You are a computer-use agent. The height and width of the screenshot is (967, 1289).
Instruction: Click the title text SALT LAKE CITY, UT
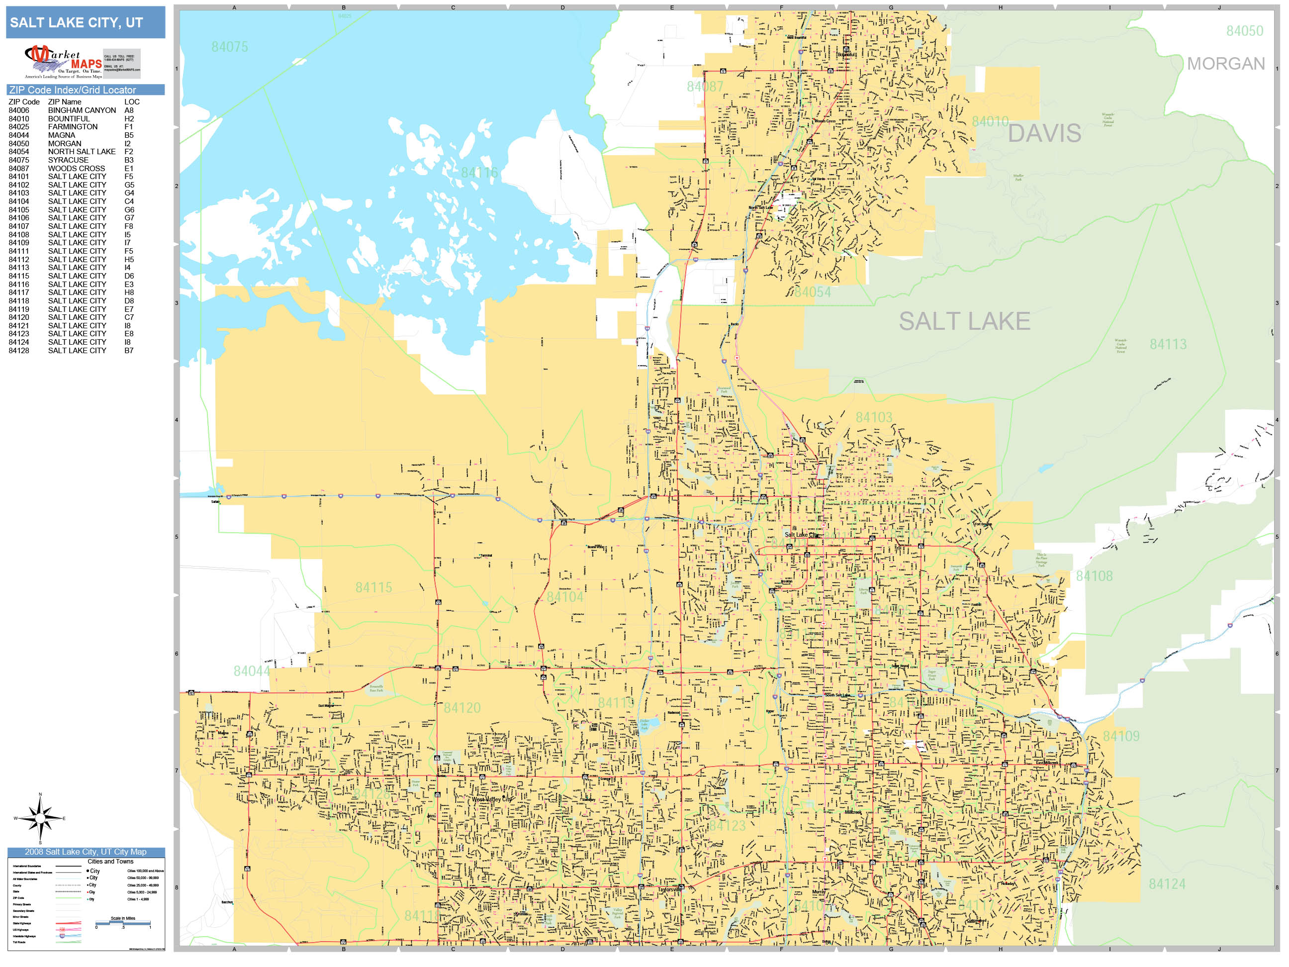tap(77, 23)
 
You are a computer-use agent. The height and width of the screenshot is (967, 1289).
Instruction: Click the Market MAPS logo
tap(64, 62)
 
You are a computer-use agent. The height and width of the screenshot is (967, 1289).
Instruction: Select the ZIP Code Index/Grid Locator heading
tap(72, 90)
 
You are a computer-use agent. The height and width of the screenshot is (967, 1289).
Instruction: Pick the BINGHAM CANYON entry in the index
tap(82, 110)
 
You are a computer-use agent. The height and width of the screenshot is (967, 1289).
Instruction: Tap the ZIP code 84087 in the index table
tap(18, 169)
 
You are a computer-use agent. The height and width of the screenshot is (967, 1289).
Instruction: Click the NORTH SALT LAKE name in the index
tap(82, 152)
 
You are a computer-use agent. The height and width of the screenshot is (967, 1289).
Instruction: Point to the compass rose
tap(40, 818)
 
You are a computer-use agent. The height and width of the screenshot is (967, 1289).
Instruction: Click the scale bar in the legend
tap(123, 923)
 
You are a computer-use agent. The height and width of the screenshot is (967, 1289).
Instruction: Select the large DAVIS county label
tap(1044, 133)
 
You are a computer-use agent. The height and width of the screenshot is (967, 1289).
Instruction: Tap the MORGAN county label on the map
tap(1225, 64)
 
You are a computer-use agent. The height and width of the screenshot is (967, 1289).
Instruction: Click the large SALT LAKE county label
tap(964, 321)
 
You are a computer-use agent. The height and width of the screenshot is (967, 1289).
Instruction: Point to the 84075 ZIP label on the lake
tap(230, 47)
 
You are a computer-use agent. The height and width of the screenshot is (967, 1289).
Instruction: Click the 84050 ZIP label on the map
tap(1244, 31)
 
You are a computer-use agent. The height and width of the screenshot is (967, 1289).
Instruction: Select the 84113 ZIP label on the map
tap(1168, 345)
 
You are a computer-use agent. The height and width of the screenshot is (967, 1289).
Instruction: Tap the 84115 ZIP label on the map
tap(373, 587)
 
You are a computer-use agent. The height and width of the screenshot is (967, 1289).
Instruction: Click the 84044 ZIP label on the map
tap(252, 671)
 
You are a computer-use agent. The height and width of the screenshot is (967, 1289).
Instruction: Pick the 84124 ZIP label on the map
tap(1167, 884)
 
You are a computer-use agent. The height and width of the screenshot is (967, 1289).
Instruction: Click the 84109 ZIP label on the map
tap(1120, 736)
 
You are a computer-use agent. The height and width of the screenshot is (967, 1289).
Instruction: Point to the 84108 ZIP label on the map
tap(1094, 576)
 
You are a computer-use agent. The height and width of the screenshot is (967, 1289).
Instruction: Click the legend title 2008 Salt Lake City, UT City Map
tap(86, 852)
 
